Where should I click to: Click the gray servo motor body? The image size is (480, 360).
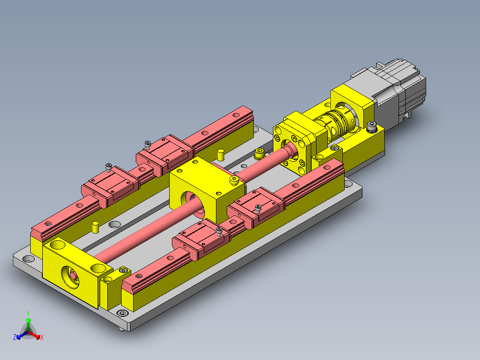[395, 92]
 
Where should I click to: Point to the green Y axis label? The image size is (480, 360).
[28, 314]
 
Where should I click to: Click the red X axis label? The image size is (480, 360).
[42, 337]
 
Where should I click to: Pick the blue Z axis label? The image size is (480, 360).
[14, 337]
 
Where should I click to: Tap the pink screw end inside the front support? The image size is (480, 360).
[74, 276]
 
